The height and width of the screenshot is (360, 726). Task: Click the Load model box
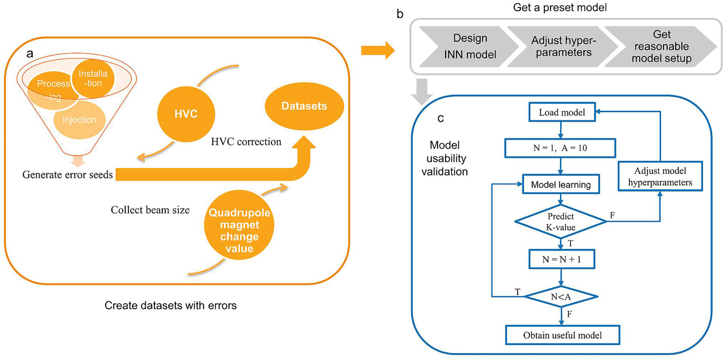click(x=562, y=112)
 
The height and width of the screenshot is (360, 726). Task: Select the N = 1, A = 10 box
click(x=560, y=148)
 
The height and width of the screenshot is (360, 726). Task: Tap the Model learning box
click(x=561, y=184)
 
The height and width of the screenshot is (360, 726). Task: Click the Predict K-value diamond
click(x=561, y=222)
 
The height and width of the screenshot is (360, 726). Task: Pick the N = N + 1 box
click(x=562, y=259)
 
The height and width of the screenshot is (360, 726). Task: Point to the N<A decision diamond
click(x=561, y=296)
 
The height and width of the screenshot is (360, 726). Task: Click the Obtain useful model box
click(x=562, y=335)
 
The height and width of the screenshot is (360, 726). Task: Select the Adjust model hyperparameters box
click(x=660, y=176)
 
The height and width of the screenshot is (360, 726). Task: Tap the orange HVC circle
click(x=186, y=114)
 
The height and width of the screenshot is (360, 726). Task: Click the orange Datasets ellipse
click(x=304, y=106)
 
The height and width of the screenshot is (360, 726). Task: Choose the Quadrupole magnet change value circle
click(x=239, y=225)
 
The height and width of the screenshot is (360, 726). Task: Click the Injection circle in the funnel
click(x=79, y=120)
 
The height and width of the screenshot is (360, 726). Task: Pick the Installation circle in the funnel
click(x=93, y=78)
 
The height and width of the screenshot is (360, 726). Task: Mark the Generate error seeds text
click(x=67, y=175)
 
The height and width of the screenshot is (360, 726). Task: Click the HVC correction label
click(x=246, y=142)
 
